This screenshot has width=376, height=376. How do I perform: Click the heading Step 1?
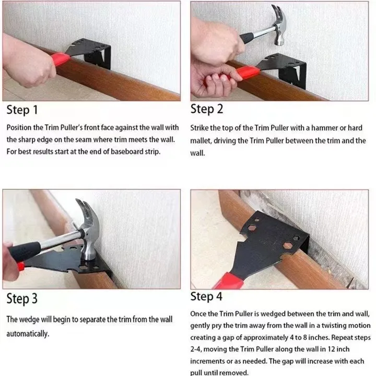click(x=22, y=110)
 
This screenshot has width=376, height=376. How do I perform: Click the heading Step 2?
click(x=207, y=109)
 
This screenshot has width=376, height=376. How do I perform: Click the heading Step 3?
click(x=22, y=299)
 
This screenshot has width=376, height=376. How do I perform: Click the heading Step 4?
click(x=207, y=297)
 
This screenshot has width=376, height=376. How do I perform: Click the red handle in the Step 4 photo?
click(x=230, y=280)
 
